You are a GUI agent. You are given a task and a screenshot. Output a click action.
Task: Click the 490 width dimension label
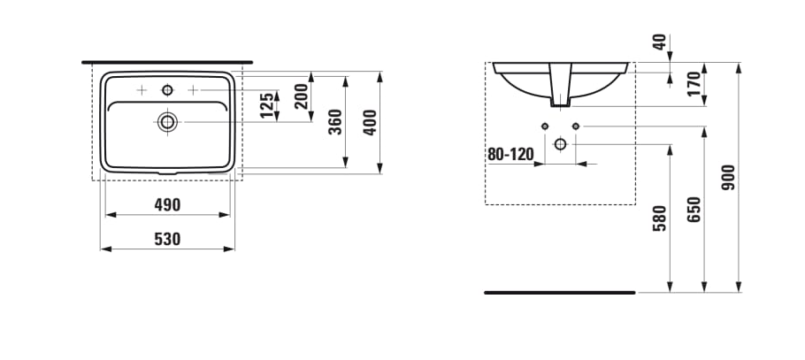coord(167,205)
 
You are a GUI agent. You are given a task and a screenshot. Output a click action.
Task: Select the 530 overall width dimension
coord(167,239)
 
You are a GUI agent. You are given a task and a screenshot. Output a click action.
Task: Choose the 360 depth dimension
coord(335,121)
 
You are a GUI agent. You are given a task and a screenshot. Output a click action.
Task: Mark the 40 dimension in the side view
coord(659,43)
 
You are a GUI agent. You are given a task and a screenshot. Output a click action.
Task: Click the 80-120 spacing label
coord(511,154)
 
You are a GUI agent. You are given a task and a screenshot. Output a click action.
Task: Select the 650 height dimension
coord(694,210)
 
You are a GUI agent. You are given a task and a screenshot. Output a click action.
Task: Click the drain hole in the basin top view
coord(167,121)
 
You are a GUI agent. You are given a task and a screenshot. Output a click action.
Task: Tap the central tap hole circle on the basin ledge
coord(167,90)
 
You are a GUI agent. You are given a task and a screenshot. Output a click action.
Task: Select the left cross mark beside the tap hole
coord(142,90)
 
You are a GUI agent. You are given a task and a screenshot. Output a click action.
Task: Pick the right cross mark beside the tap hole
coord(192,90)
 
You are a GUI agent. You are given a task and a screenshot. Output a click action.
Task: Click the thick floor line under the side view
coord(559,291)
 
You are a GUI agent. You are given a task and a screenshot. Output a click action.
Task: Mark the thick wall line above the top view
coord(167,63)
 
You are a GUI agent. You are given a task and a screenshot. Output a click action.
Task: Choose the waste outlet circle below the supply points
coord(560,143)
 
